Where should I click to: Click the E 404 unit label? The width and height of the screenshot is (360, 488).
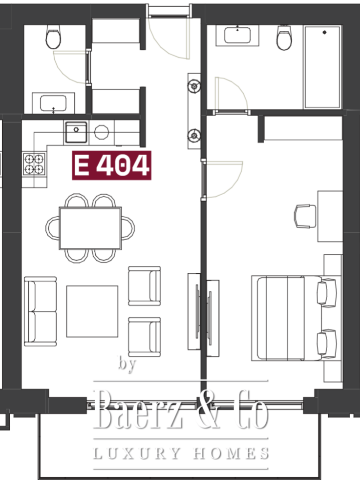tap(111, 165)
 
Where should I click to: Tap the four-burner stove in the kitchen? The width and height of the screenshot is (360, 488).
tap(34, 163)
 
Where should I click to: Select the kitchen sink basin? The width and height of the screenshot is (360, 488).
tap(76, 132)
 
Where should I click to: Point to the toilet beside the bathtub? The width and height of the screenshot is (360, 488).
tap(284, 38)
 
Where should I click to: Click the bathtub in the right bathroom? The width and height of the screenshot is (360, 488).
tap(322, 67)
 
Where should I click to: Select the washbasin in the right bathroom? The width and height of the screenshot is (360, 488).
tap(237, 36)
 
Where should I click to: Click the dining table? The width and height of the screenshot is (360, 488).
tap(90, 228)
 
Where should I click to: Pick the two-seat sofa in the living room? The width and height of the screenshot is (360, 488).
tap(41, 311)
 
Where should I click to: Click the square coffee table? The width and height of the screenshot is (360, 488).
tap(92, 311)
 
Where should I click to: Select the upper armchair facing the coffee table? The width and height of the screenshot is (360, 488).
tap(145, 285)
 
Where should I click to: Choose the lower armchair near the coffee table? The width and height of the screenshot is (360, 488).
tap(145, 337)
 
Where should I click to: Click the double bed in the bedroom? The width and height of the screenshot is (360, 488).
tap(294, 318)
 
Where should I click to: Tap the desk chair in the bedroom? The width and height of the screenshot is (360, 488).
tap(305, 216)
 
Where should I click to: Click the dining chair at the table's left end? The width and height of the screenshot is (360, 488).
tap(52, 228)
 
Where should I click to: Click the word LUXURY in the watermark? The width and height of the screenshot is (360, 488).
tap(137, 453)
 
